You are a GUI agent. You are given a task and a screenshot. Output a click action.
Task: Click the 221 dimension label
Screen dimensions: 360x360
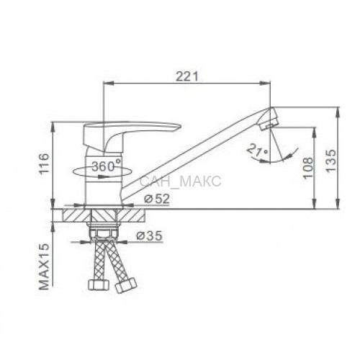[187, 76]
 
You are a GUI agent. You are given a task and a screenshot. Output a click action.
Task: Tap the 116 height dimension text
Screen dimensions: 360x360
[44, 163]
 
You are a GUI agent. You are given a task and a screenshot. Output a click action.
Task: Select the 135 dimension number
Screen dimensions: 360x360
[331, 161]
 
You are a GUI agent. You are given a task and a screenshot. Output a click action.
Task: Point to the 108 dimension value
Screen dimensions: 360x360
[308, 168]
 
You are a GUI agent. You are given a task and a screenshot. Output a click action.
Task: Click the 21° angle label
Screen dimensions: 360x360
[257, 150]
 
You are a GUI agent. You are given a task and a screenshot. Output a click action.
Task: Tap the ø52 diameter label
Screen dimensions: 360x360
[157, 199]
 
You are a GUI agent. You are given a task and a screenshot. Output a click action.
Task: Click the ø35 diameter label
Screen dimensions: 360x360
[149, 236]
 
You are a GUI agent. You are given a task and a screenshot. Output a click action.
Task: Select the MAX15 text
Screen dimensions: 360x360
[44, 266]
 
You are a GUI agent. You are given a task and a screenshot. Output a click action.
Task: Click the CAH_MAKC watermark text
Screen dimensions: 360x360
[180, 181]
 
